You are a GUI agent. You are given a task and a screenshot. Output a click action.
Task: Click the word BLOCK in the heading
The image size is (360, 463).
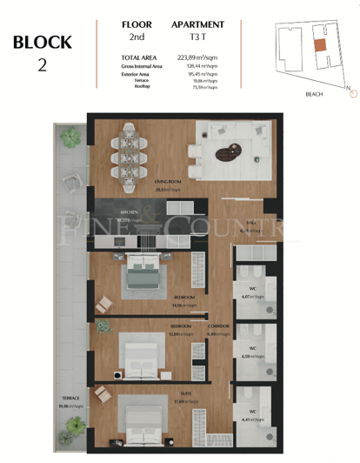43,41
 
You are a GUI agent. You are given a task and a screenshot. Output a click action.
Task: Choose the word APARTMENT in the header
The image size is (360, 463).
198,25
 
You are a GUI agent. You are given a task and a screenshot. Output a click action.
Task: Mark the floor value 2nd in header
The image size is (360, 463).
136,37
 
